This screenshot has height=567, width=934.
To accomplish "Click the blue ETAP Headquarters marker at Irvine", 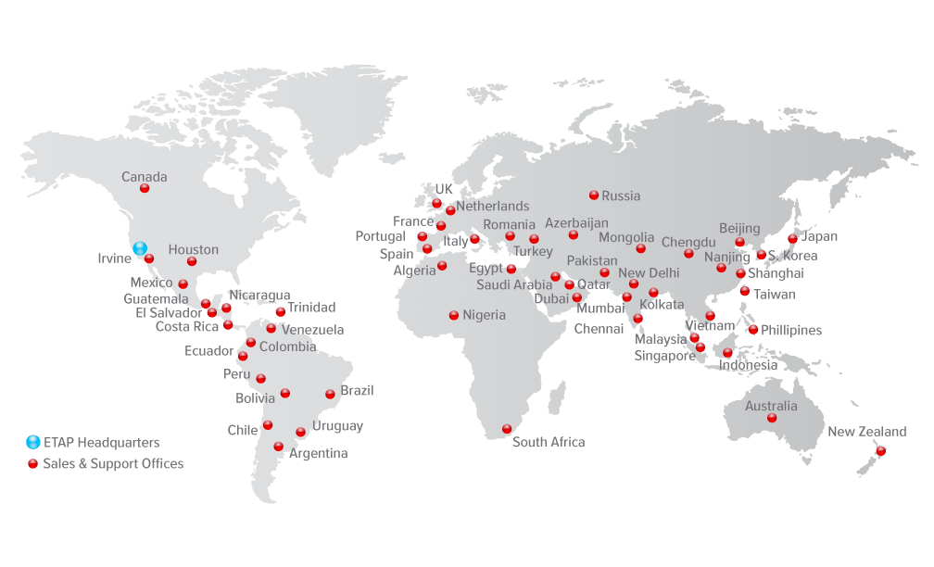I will pyautogui.click(x=140, y=248).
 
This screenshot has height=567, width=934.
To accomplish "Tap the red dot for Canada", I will pyautogui.click(x=145, y=188).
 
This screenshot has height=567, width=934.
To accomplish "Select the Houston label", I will pyautogui.click(x=194, y=249).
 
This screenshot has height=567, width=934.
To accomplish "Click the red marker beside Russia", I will pyautogui.click(x=594, y=195).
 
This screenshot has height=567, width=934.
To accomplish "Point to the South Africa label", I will pyautogui.click(x=549, y=442).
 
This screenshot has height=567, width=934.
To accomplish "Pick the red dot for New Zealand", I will pyautogui.click(x=881, y=451).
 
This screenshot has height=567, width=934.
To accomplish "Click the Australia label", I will pyautogui.click(x=771, y=406).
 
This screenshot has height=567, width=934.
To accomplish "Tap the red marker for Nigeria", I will pyautogui.click(x=454, y=315).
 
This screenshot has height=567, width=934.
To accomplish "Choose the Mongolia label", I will pyautogui.click(x=626, y=238).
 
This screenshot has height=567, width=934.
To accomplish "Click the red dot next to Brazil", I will pyautogui.click(x=330, y=394).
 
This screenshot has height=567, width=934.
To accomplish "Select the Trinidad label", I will pyautogui.click(x=311, y=308).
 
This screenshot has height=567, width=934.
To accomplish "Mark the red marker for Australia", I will pyautogui.click(x=772, y=418).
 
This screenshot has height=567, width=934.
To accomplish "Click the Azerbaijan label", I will pyautogui.click(x=576, y=223).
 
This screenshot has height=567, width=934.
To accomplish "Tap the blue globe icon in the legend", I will pyautogui.click(x=33, y=442).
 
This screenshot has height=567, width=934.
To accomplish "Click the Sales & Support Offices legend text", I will pyautogui.click(x=113, y=463).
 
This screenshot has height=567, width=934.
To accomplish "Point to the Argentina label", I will pyautogui.click(x=319, y=453).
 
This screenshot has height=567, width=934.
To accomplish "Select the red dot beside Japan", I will pyautogui.click(x=793, y=238).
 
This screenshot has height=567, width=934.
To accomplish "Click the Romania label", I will pyautogui.click(x=509, y=224).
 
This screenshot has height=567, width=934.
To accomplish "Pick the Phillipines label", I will pyautogui.click(x=791, y=330).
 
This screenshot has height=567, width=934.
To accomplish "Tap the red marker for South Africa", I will pyautogui.click(x=507, y=429).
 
